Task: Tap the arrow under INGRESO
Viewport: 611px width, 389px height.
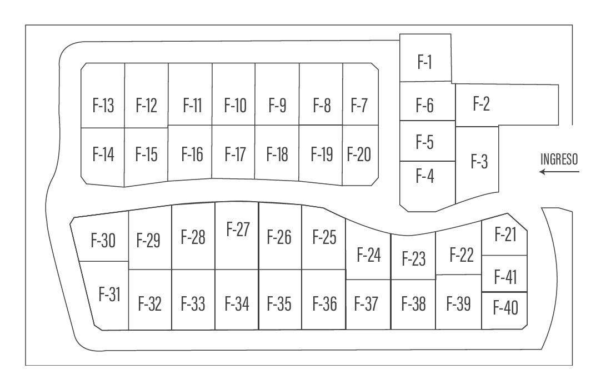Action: pyautogui.click(x=559, y=172)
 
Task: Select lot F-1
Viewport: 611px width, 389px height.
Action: pyautogui.click(x=425, y=62)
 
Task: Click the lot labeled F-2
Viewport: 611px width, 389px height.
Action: pyautogui.click(x=481, y=104)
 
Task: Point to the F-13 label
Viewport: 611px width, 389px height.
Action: pyautogui.click(x=103, y=105)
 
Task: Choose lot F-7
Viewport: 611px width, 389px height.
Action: pyautogui.click(x=359, y=105)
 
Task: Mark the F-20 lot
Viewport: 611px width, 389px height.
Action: pyautogui.click(x=359, y=154)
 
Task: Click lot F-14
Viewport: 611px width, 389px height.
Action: pyautogui.click(x=103, y=154)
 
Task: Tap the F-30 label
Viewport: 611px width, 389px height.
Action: pyautogui.click(x=103, y=241)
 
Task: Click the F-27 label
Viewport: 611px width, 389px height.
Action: pyautogui.click(x=238, y=230)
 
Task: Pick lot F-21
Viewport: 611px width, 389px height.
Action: pyautogui.click(x=505, y=235)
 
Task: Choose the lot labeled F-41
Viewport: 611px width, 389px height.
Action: pyautogui.click(x=505, y=277)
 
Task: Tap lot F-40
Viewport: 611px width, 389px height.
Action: pyautogui.click(x=505, y=307)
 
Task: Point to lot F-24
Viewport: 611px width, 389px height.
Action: pyautogui.click(x=369, y=255)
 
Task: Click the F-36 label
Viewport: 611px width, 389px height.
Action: pyautogui.click(x=325, y=305)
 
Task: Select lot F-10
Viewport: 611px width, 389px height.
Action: pyautogui.click(x=236, y=105)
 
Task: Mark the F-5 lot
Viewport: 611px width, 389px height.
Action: pyautogui.click(x=425, y=142)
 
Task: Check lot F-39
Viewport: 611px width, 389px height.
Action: pyautogui.click(x=459, y=304)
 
